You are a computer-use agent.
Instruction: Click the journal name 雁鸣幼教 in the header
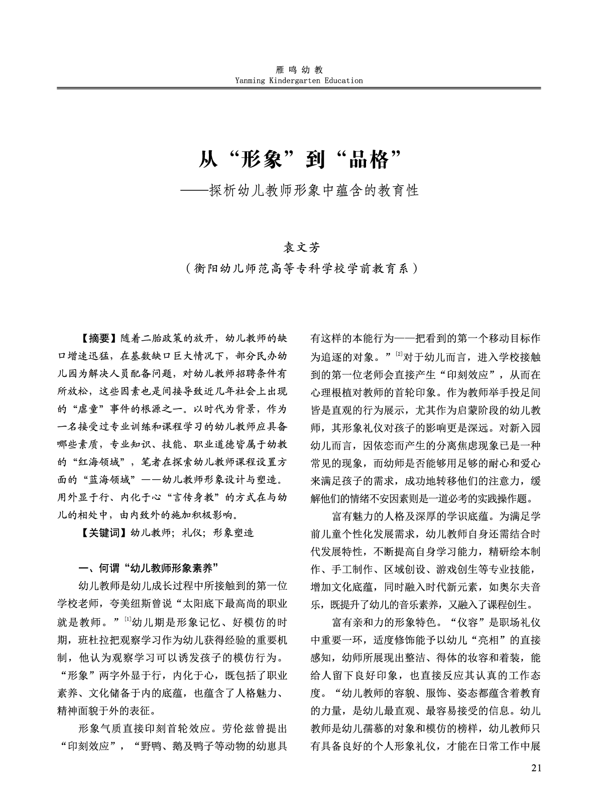[299, 70]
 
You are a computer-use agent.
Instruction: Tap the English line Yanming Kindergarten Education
[299, 80]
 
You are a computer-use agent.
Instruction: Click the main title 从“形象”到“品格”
[299, 160]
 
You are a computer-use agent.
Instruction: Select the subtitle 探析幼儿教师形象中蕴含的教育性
[314, 191]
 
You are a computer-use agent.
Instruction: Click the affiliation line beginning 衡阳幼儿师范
[299, 268]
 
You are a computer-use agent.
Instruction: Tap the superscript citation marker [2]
[399, 354]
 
